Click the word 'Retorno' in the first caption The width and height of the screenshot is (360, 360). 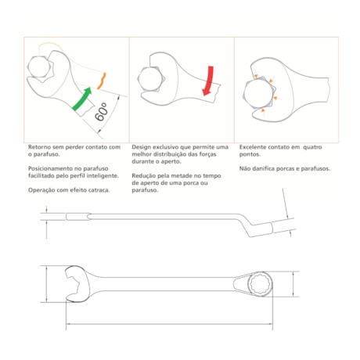(39, 146)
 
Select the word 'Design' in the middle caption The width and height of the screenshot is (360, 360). (141, 146)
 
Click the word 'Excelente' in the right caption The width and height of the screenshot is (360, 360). (250, 146)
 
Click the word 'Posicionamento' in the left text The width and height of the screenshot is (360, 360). (50, 168)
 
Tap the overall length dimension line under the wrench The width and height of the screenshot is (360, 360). (157, 326)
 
